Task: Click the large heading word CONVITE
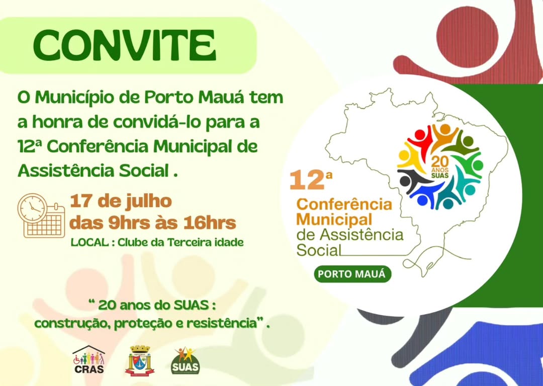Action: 125,45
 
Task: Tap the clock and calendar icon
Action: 41,215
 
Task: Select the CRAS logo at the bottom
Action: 88,360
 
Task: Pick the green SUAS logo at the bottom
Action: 185,361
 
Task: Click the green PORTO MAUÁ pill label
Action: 352,274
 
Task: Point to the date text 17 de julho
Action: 121,201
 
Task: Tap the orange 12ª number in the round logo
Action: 310,180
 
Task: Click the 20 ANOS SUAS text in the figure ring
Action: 440,167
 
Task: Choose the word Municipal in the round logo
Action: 334,219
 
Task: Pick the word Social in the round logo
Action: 319,250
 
